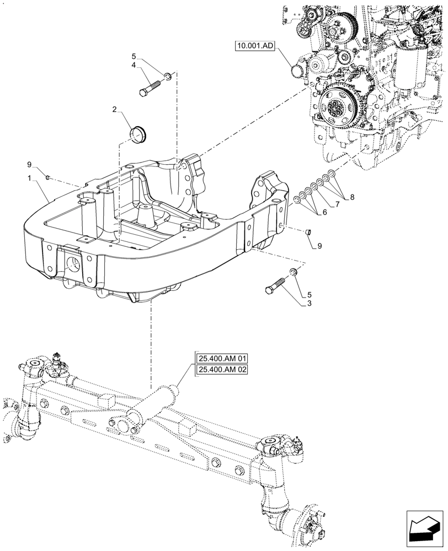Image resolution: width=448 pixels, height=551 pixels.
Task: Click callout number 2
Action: click(x=114, y=110)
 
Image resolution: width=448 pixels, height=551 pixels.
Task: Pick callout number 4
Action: click(x=134, y=66)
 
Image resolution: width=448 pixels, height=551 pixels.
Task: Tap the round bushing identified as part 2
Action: click(x=138, y=133)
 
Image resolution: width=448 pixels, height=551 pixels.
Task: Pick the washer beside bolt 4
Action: click(x=168, y=75)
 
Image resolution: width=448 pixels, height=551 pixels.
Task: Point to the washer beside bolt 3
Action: click(x=294, y=273)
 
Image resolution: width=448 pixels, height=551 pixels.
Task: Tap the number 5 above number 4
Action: click(x=134, y=56)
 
